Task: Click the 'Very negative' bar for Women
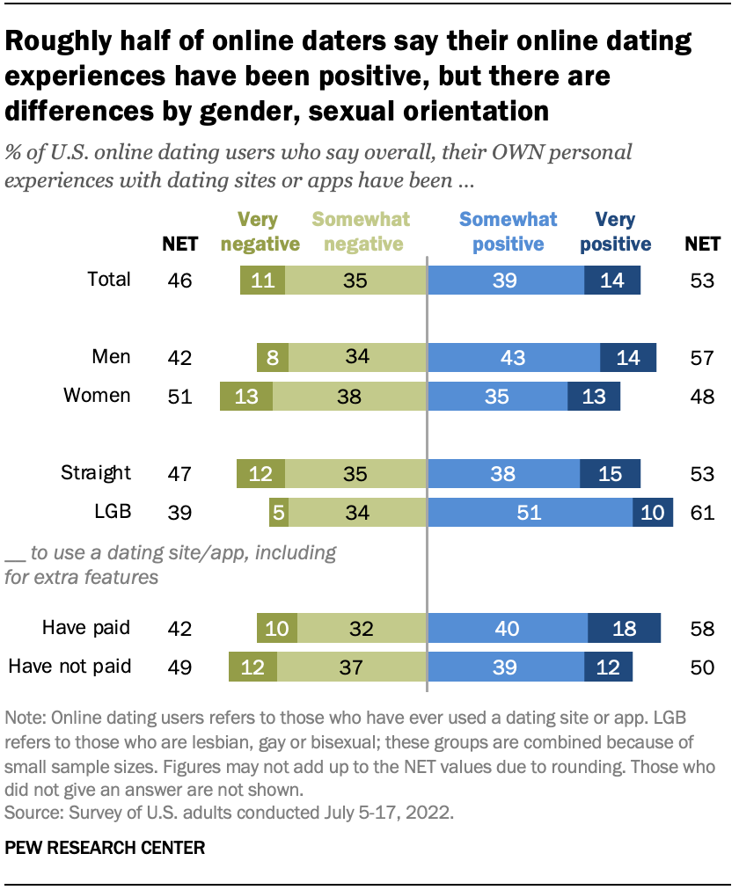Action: [246, 397]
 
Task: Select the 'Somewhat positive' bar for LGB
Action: [530, 512]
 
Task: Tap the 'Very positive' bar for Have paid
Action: [624, 629]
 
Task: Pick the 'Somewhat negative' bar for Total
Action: [355, 281]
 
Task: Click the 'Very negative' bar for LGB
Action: [279, 512]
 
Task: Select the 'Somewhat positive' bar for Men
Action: [513, 358]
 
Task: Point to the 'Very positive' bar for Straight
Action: [610, 473]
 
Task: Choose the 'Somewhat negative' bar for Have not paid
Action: [351, 667]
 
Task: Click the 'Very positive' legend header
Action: [616, 231]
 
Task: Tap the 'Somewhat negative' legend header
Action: [362, 231]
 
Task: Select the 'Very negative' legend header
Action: [260, 231]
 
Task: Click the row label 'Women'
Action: [97, 396]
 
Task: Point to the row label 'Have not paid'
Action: [70, 667]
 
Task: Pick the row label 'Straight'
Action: [95, 472]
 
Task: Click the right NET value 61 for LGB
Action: [702, 512]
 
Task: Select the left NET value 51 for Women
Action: [179, 397]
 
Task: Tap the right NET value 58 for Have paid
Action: [702, 629]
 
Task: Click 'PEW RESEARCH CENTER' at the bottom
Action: [106, 849]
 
